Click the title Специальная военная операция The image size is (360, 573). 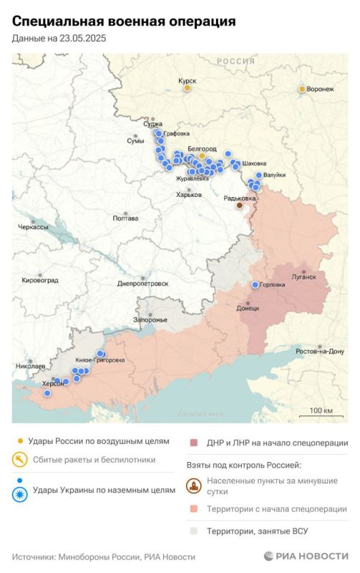pyautogui.click(x=124, y=22)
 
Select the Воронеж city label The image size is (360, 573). pyautogui.click(x=319, y=89)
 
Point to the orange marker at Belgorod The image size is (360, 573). pyautogui.click(x=202, y=155)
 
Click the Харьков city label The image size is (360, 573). pyautogui.click(x=189, y=194)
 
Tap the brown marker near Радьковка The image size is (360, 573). pyautogui.click(x=240, y=206)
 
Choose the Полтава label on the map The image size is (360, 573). pyautogui.click(x=125, y=218)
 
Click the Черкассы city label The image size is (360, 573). pyautogui.click(x=33, y=227)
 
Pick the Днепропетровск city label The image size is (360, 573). pyautogui.click(x=143, y=284)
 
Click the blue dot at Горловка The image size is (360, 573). pyautogui.click(x=255, y=285)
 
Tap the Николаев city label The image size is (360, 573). pyautogui.click(x=29, y=366)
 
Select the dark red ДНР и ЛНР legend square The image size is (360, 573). pyautogui.click(x=193, y=443)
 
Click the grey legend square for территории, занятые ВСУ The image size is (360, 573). pyautogui.click(x=193, y=531)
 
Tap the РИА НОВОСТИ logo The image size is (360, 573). pyautogui.click(x=306, y=556)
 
